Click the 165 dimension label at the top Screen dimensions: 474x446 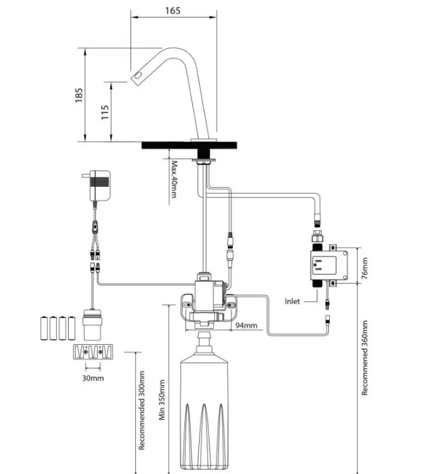173,10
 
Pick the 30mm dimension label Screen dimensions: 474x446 93,377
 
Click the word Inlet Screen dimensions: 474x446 293,301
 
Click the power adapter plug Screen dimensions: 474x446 99,185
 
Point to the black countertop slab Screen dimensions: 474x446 190,145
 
